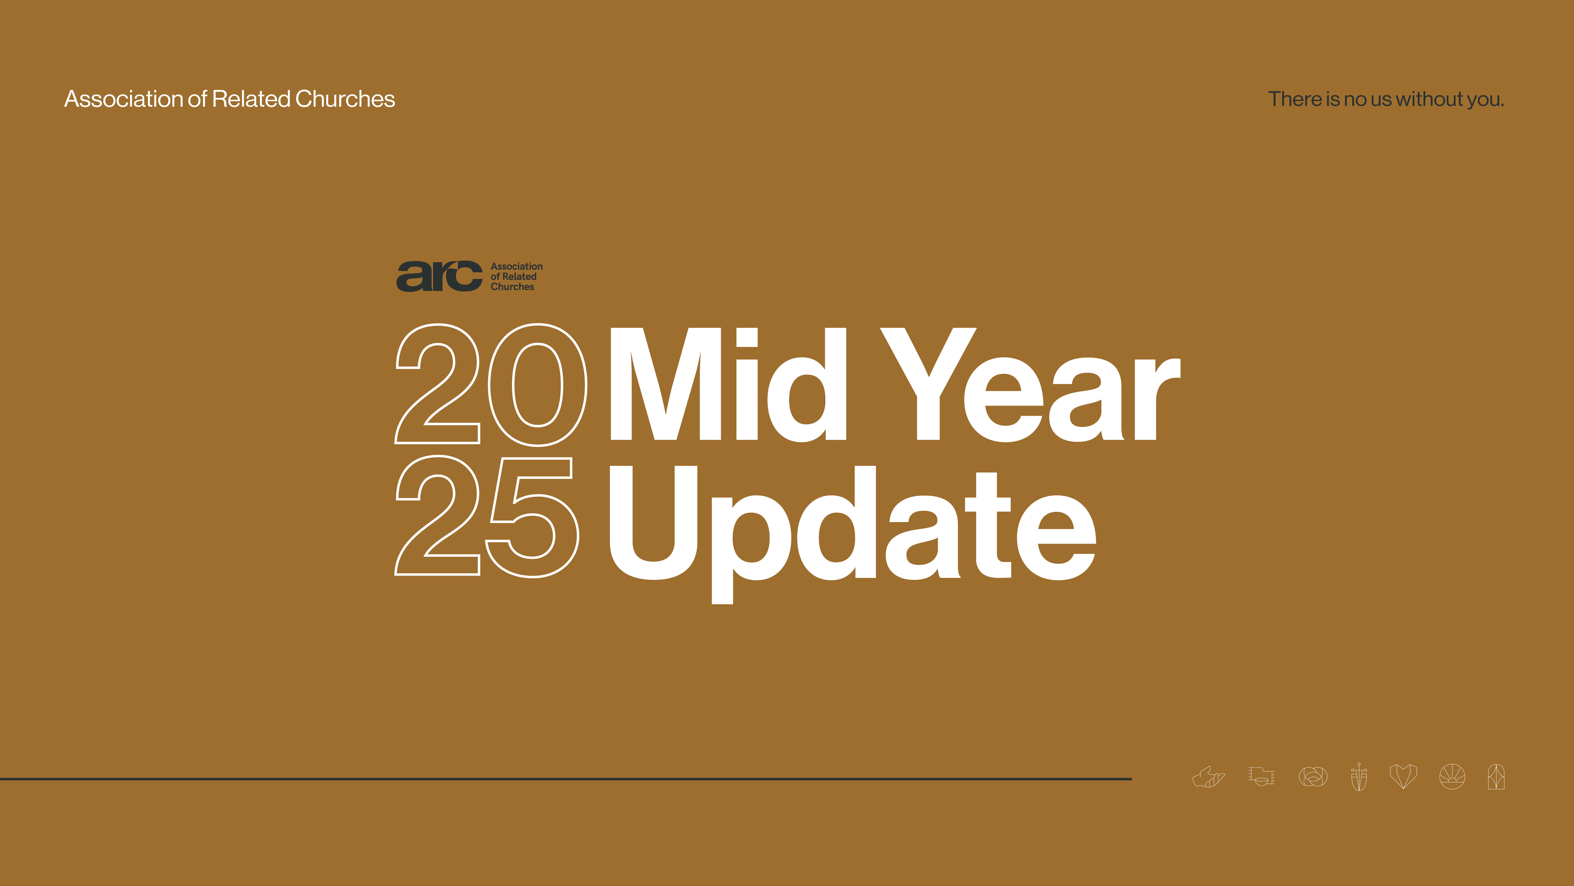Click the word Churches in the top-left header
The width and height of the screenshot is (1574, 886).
point(345,99)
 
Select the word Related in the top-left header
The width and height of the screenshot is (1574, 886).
point(251,99)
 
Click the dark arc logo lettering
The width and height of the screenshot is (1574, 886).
point(439,276)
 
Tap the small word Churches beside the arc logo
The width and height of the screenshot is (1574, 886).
point(512,287)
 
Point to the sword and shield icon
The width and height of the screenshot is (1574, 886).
point(1359,777)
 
